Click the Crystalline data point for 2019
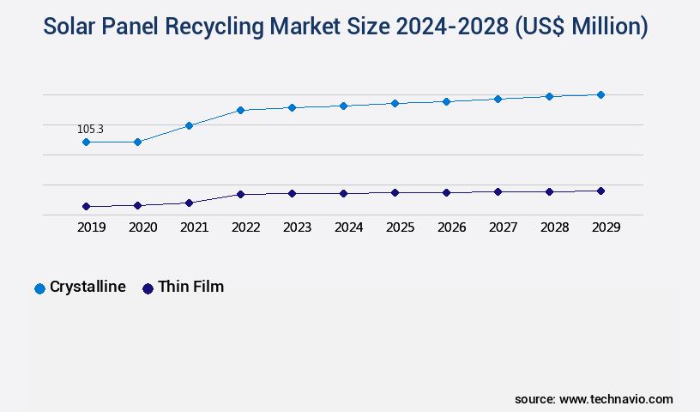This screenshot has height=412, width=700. point(86,142)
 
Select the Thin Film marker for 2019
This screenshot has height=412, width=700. point(86,207)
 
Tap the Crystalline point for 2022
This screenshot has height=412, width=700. point(240,110)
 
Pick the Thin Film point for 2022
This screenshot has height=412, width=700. point(240,194)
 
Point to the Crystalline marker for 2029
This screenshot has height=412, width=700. point(600,94)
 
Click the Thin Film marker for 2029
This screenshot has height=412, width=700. point(600,191)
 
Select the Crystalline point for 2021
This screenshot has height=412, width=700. point(189,125)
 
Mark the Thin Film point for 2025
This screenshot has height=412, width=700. point(395,192)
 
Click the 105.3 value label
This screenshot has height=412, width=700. point(90,130)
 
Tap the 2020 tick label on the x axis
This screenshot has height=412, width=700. point(142,227)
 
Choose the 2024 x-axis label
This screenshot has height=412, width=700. point(348,227)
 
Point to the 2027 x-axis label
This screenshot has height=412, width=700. point(503,227)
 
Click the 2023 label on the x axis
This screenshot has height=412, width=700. point(297,227)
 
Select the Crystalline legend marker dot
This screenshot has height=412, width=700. point(39,288)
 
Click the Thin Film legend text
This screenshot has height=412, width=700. point(190,287)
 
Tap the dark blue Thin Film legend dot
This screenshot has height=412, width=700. point(148,288)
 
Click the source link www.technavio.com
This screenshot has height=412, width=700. point(616,399)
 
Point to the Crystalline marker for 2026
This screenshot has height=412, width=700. point(446,101)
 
